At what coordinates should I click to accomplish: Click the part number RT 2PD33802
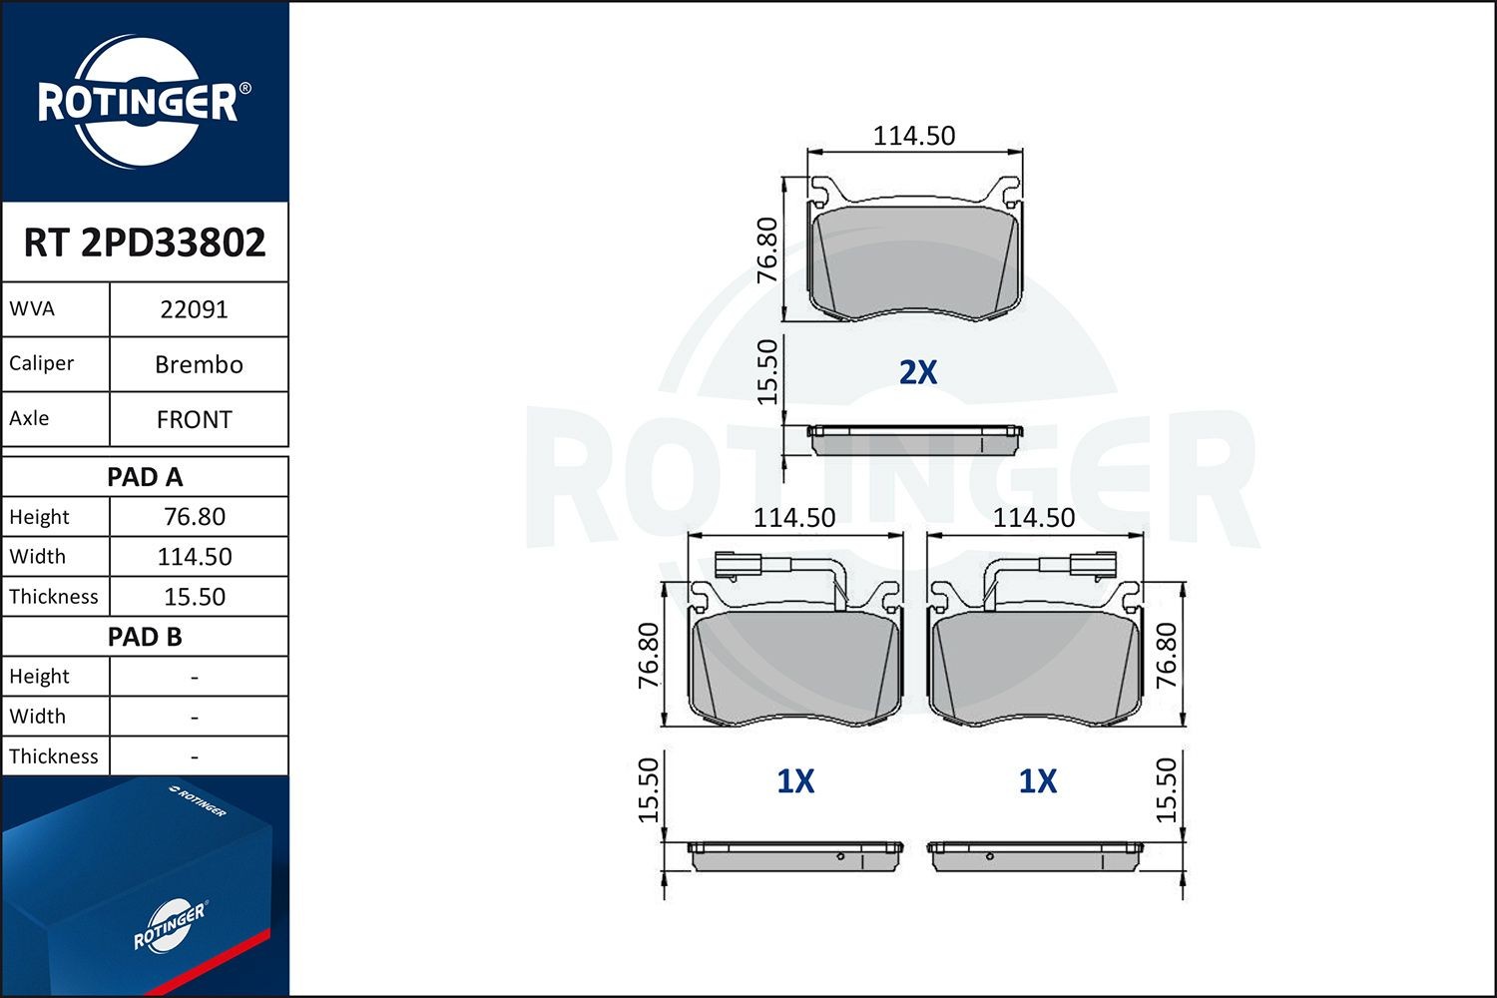tap(145, 243)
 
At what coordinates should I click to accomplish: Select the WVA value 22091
tap(195, 309)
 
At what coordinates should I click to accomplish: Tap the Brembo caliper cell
tap(199, 364)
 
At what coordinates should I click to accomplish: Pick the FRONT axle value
tap(195, 419)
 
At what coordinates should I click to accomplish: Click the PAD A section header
tap(145, 477)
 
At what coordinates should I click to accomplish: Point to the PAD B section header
tap(145, 637)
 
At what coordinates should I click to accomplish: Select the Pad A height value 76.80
tap(195, 517)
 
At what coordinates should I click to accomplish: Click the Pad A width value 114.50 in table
tap(195, 557)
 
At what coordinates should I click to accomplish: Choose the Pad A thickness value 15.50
tap(195, 597)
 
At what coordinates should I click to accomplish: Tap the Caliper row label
tap(42, 363)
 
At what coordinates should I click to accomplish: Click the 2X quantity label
tap(918, 372)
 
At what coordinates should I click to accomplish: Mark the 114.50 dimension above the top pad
tap(914, 136)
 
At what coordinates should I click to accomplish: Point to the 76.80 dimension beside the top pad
tap(766, 249)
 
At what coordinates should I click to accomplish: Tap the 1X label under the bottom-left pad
tap(795, 781)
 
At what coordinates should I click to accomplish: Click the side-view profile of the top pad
tap(915, 440)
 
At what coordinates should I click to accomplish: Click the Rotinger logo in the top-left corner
tap(140, 102)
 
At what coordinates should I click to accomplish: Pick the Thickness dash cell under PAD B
tap(195, 756)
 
